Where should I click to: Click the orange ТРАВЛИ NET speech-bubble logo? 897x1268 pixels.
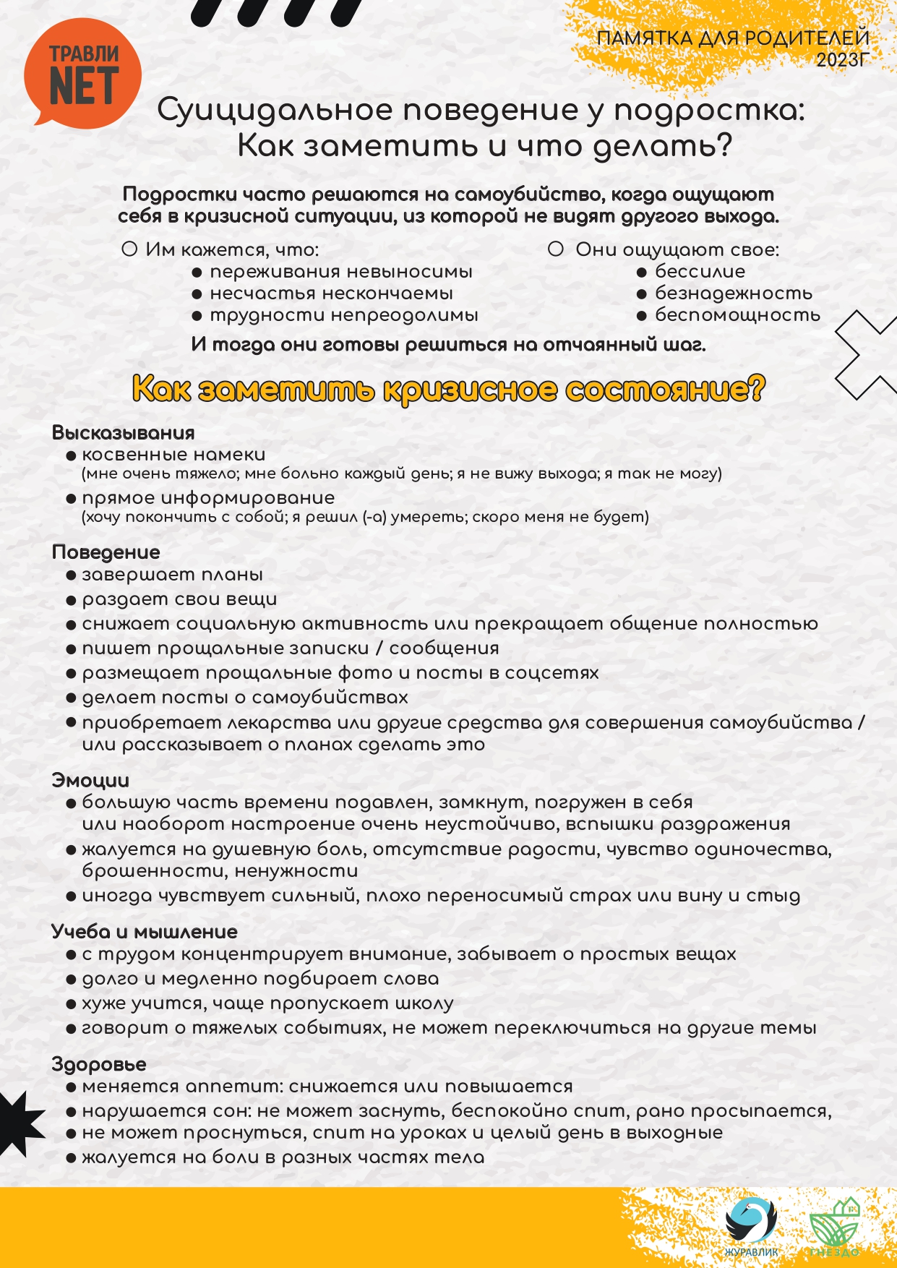click(x=82, y=74)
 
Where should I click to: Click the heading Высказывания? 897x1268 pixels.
click(x=124, y=433)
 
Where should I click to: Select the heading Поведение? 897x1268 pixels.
click(x=106, y=552)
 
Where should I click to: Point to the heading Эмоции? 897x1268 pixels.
click(x=90, y=781)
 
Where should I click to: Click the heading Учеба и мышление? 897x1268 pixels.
click(x=145, y=932)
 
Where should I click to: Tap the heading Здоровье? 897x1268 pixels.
click(x=99, y=1064)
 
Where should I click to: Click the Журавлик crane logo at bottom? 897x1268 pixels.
click(x=751, y=1221)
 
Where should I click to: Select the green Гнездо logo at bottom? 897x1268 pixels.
click(x=836, y=1225)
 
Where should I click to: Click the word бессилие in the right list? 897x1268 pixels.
click(x=700, y=272)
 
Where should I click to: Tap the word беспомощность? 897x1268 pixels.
click(x=737, y=315)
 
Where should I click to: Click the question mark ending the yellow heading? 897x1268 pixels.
click(x=756, y=388)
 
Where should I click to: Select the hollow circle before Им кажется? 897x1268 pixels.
click(x=129, y=249)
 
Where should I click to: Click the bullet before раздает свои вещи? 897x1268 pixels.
click(x=71, y=600)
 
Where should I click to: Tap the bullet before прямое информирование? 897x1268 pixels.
click(x=71, y=499)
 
